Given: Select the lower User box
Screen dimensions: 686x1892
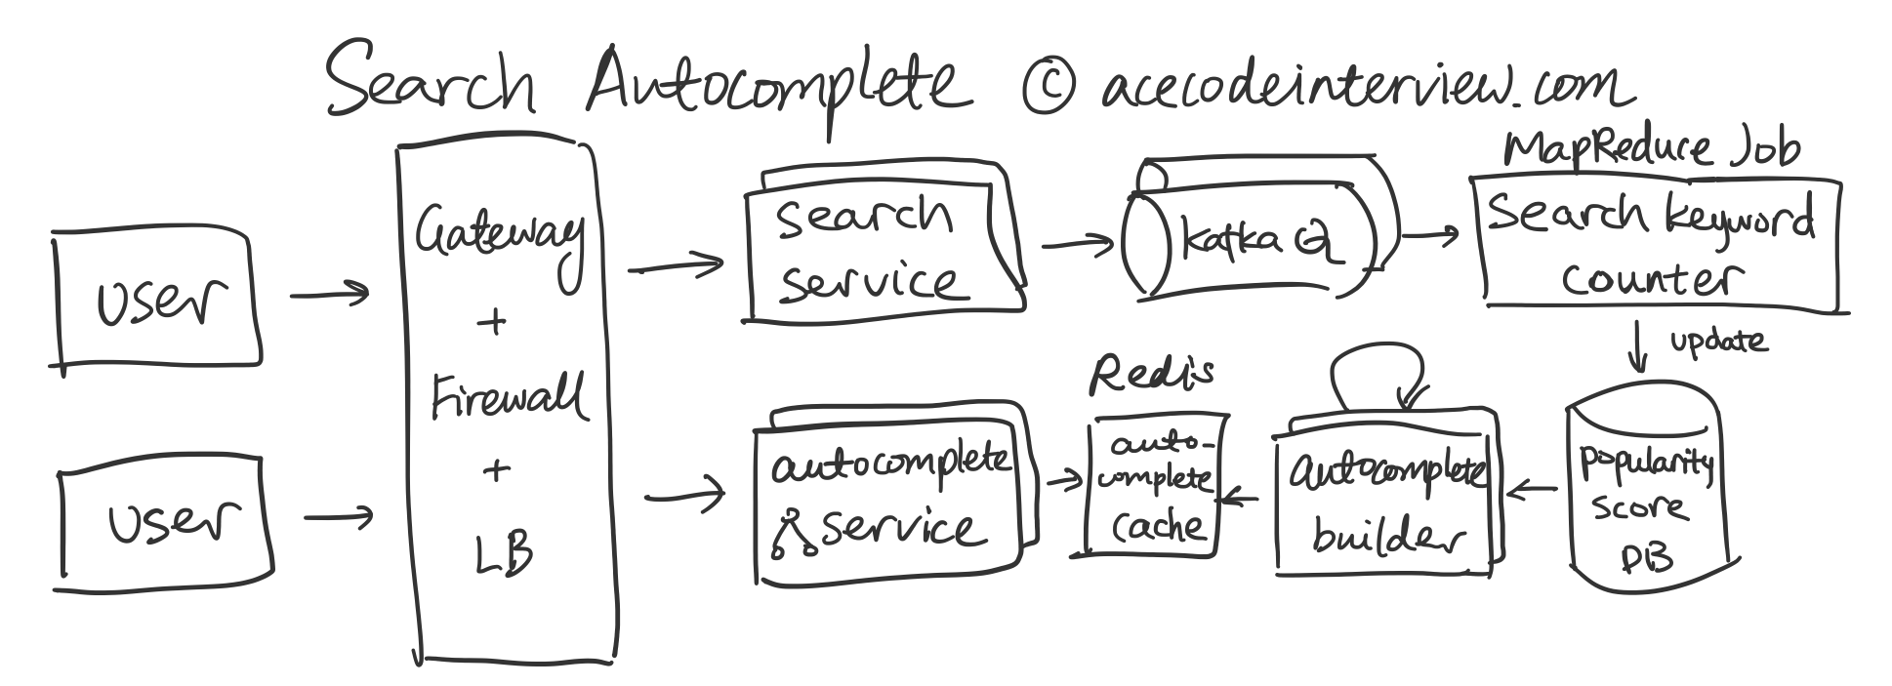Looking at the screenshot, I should point(165,527).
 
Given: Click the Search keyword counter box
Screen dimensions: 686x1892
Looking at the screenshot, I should point(1655,244).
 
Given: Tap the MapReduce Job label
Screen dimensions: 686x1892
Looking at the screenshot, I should point(1650,149).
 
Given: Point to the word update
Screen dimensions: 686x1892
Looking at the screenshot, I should point(1717,341).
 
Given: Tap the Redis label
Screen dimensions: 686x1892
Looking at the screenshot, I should point(1152,373).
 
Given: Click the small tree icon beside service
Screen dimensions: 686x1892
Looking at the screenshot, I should point(793,534).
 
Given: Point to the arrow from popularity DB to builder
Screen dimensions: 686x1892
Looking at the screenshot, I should point(1533,490).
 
